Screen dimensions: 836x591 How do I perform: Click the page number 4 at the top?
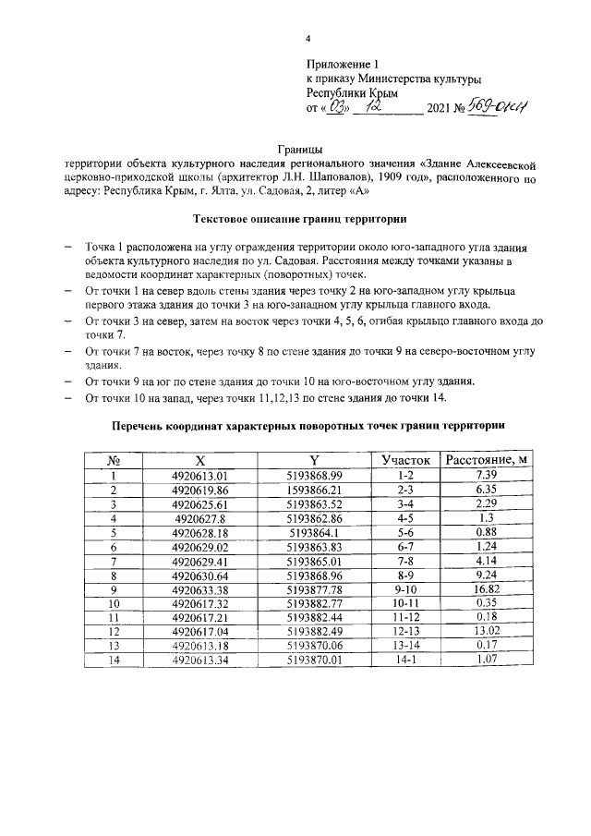pos(309,40)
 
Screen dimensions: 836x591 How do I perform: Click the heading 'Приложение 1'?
pos(343,65)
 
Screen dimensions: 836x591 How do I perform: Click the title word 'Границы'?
pos(300,149)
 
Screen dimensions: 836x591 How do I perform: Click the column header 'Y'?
pos(314,459)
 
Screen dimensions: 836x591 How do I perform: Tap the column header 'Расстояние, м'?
pos(486,459)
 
